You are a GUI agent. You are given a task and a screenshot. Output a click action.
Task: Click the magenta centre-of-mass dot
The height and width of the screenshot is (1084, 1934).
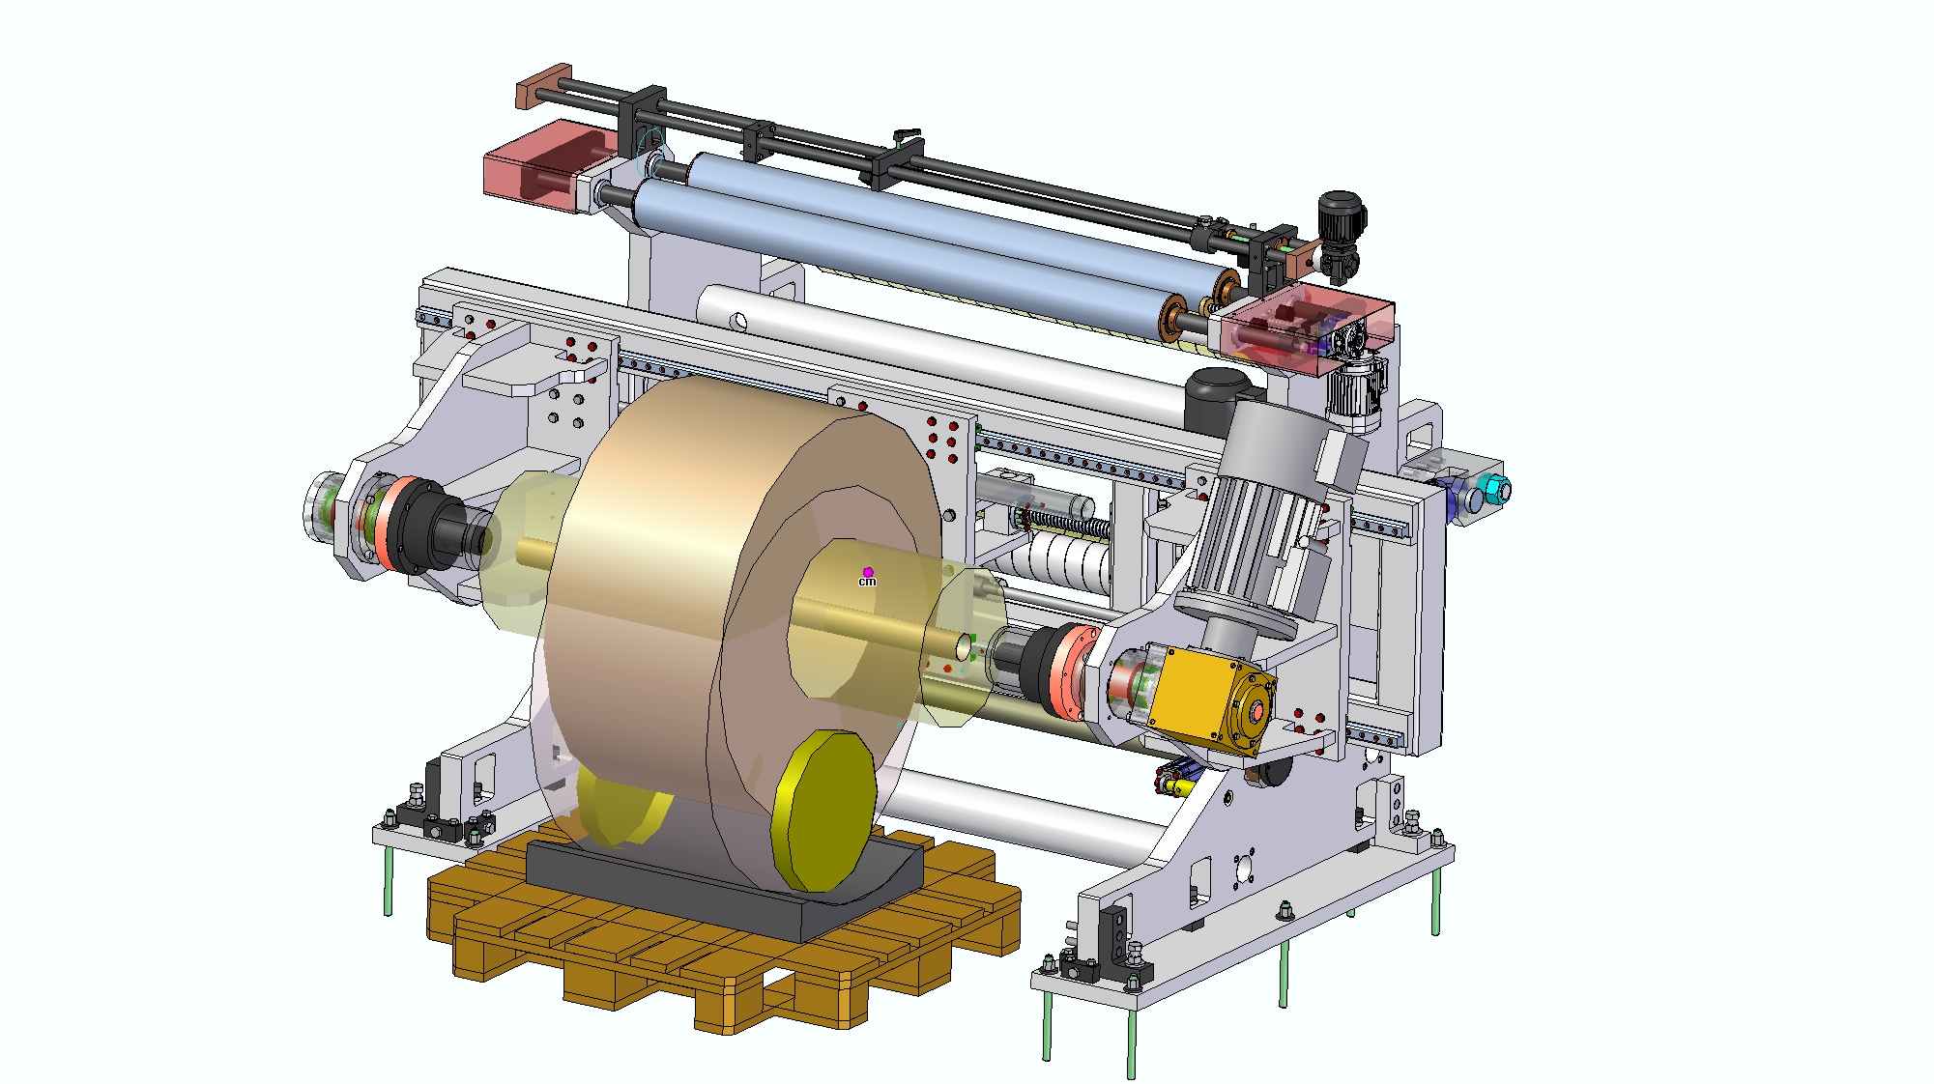click(x=868, y=572)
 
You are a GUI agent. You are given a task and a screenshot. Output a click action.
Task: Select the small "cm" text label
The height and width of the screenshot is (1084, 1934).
click(x=867, y=582)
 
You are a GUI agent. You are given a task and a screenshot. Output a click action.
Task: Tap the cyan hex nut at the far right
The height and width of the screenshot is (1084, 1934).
click(x=1497, y=490)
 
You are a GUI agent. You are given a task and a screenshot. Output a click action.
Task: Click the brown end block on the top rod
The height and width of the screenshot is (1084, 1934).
click(x=544, y=87)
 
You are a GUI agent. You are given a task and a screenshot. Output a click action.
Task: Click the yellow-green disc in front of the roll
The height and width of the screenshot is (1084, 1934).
click(x=824, y=810)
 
